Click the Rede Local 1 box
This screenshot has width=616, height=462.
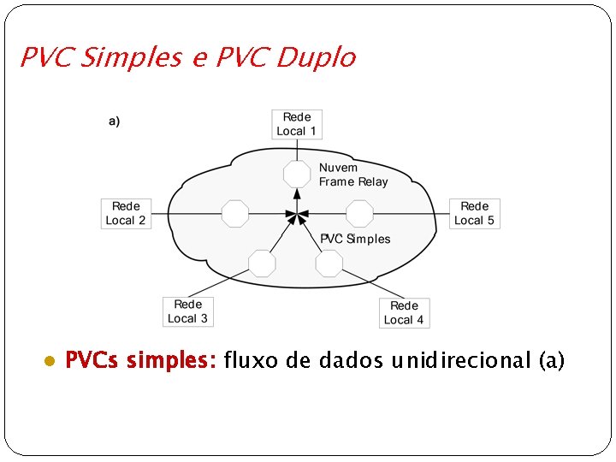[x=297, y=124]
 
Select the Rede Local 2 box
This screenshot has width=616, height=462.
[x=126, y=213]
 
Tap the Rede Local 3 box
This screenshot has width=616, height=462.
[x=188, y=311]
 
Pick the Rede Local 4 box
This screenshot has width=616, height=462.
[x=404, y=312]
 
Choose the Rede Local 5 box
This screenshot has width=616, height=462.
[x=475, y=213]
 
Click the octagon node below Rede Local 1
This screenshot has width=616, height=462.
[x=297, y=174]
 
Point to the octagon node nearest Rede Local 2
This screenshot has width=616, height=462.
[x=234, y=213]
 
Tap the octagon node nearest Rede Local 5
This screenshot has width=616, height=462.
[x=359, y=213]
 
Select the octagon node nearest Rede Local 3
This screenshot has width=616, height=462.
[x=261, y=263]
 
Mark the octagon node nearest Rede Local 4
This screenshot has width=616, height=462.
[x=329, y=263]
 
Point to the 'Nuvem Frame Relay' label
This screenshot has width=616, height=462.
[x=353, y=175]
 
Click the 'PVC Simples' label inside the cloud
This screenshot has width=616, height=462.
[x=355, y=239]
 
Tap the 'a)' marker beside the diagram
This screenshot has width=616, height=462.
[x=114, y=121]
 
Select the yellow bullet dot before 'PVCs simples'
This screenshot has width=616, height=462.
[x=50, y=361]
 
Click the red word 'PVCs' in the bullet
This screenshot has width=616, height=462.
[x=92, y=360]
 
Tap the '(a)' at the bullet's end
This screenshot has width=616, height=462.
[x=552, y=360]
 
